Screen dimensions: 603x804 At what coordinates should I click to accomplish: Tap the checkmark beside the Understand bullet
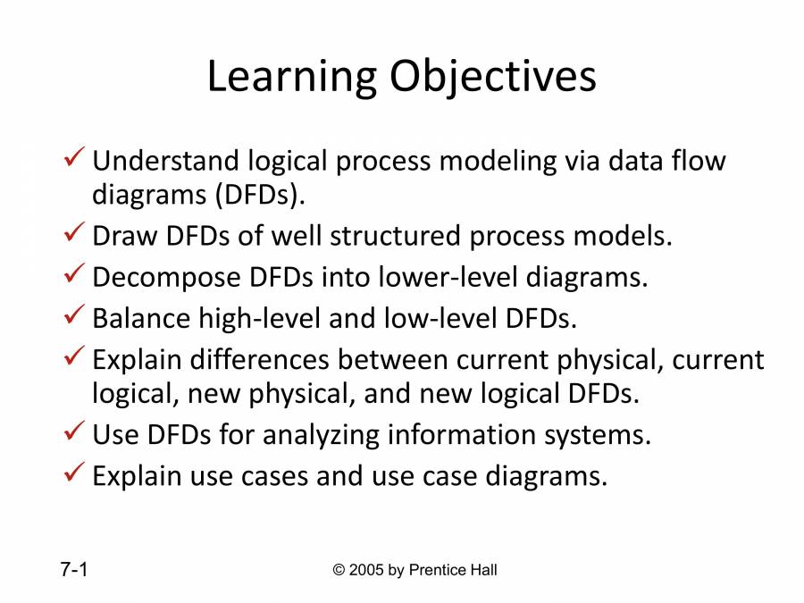pyautogui.click(x=75, y=160)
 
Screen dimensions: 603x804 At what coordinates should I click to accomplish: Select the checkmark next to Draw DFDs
pyautogui.click(x=75, y=235)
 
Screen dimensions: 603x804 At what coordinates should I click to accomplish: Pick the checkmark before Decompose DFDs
pyautogui.click(x=75, y=276)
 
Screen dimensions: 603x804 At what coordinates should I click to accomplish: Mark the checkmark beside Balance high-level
pyautogui.click(x=75, y=316)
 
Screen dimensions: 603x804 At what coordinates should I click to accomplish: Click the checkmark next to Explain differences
pyautogui.click(x=75, y=358)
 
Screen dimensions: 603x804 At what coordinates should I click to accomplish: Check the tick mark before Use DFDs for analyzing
pyautogui.click(x=75, y=433)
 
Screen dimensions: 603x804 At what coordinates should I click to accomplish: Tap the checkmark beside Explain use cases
pyautogui.click(x=75, y=474)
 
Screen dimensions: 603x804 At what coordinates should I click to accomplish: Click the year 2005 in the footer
pyautogui.click(x=368, y=570)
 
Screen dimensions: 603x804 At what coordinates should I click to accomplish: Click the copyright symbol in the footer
pyautogui.click(x=339, y=570)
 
